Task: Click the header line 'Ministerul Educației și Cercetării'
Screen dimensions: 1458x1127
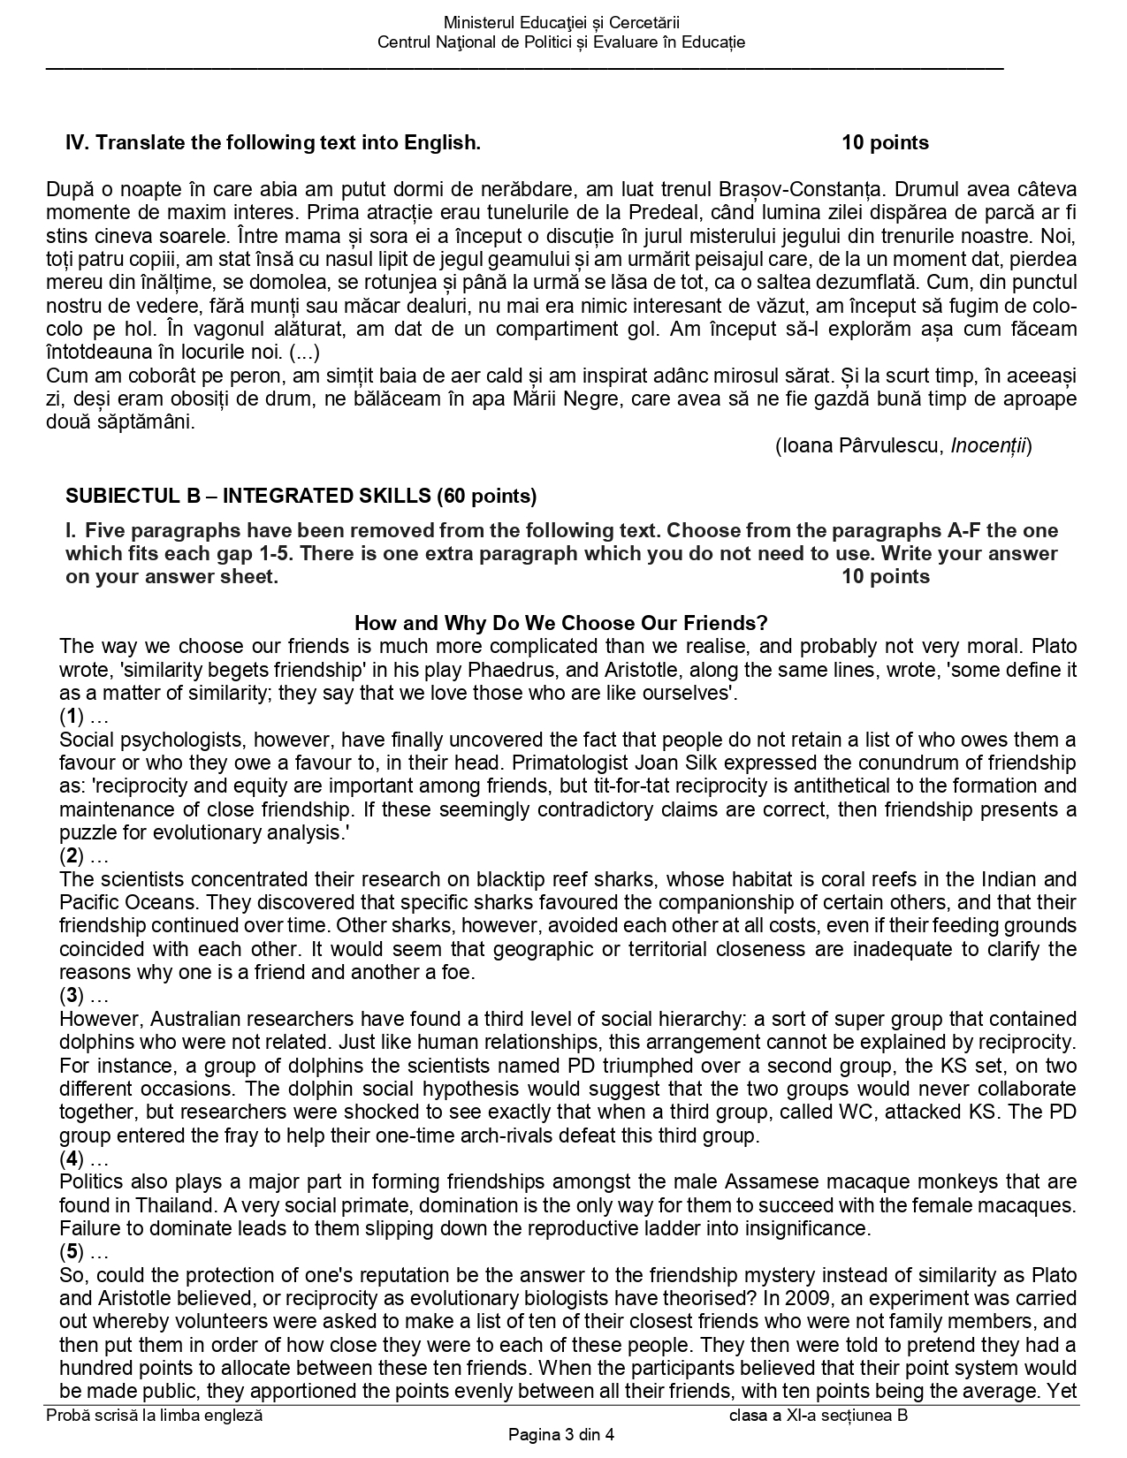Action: (x=561, y=23)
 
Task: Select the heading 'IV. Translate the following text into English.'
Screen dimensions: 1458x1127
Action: (x=273, y=143)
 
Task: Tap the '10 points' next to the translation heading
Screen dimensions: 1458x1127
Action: (x=885, y=143)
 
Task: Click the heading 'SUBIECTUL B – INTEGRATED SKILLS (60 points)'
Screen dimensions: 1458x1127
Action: (x=301, y=496)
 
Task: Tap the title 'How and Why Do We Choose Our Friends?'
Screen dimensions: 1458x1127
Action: (x=560, y=623)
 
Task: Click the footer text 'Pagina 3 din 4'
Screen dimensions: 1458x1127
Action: (x=560, y=1435)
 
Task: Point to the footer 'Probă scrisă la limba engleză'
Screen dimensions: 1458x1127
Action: (x=155, y=1416)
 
